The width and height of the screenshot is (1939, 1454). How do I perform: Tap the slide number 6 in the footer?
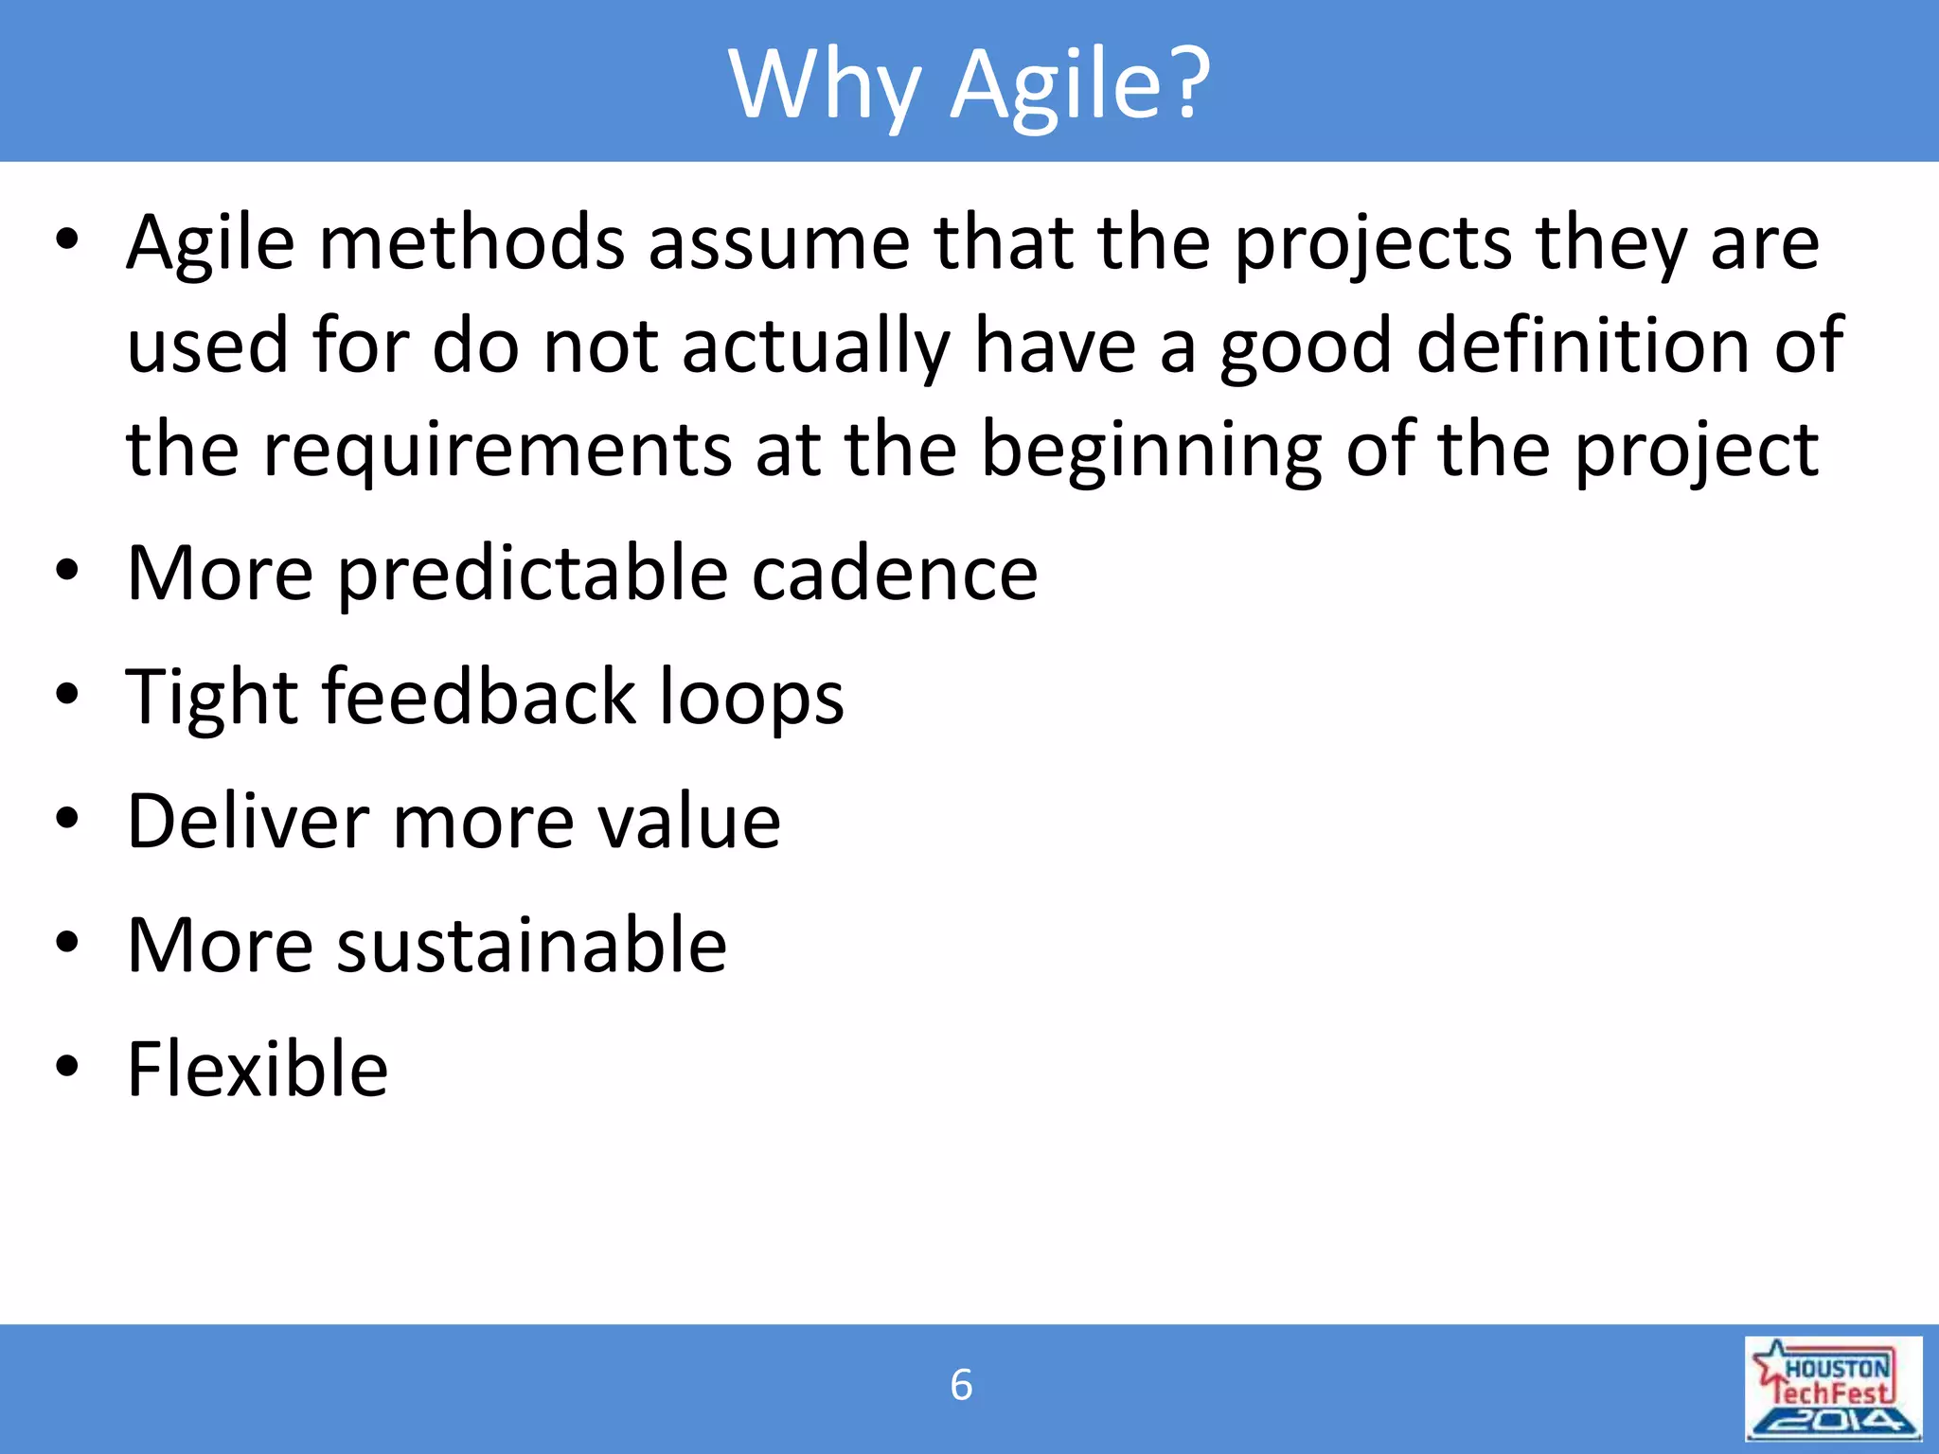coord(961,1385)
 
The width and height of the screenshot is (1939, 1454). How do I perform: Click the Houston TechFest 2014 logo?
coord(1833,1388)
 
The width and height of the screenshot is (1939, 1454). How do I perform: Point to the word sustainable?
coord(531,945)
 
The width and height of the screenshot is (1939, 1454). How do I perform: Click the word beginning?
coord(1151,451)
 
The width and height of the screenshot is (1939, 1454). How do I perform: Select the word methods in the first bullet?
coord(471,242)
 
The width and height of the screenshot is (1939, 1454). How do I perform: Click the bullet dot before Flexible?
coord(66,1067)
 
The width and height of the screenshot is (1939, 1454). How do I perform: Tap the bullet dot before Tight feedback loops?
coord(66,695)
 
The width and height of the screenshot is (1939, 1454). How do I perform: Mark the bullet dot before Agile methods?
coord(66,240)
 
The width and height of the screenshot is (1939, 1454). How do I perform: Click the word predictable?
coord(533,575)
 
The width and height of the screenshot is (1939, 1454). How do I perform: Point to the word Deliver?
coord(247,821)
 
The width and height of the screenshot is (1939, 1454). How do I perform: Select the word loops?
coord(751,699)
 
